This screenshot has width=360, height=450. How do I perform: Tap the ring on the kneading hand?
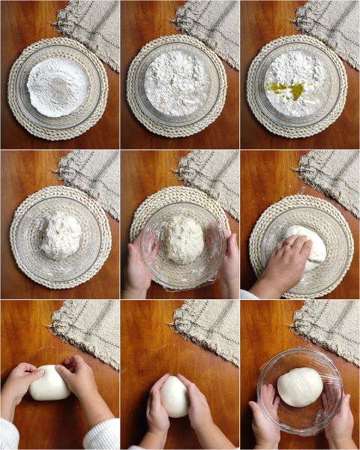click(288, 244)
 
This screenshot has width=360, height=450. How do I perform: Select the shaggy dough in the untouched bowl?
click(60, 235)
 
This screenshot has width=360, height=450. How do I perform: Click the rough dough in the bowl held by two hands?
click(183, 239)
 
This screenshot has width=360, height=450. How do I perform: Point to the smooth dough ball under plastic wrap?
click(299, 387)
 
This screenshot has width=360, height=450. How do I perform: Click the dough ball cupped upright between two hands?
click(175, 395)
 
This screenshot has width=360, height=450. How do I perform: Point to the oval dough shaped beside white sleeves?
click(51, 382)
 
